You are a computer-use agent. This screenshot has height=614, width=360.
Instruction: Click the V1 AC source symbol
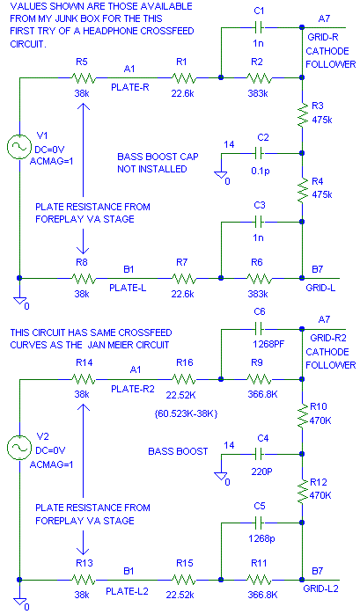(18, 146)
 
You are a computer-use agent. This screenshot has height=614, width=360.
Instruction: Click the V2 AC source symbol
(18, 448)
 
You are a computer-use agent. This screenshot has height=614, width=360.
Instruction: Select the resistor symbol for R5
(84, 78)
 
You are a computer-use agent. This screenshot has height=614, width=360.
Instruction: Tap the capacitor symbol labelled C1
(259, 28)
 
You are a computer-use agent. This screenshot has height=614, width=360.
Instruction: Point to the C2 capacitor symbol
(259, 153)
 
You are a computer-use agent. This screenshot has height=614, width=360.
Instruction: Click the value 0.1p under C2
(261, 172)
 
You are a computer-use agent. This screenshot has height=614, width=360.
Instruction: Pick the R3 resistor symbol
(303, 115)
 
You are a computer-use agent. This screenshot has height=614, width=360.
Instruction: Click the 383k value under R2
(257, 93)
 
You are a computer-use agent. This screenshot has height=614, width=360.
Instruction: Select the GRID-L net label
(320, 289)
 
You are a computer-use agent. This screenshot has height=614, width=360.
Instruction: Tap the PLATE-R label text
(130, 87)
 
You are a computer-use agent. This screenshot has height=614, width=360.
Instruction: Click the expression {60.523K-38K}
(186, 413)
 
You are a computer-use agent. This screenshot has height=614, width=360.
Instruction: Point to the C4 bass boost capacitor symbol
(259, 455)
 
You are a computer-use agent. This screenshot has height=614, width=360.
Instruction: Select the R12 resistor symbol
(303, 492)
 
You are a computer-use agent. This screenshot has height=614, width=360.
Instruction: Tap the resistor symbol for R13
(84, 580)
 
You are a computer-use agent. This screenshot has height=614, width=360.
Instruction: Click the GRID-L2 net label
(320, 588)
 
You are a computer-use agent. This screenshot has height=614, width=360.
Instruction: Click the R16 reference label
(185, 362)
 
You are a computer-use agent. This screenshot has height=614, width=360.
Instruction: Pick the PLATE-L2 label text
(128, 591)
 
